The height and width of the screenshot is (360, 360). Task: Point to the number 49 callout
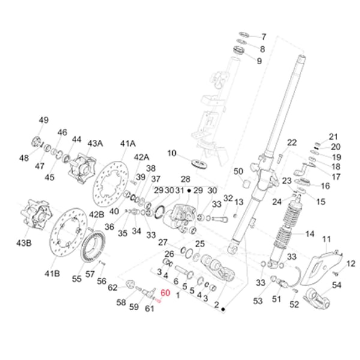coord(43,121)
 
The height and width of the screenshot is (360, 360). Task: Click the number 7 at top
coord(262,37)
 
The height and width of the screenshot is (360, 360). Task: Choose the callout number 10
coord(172,154)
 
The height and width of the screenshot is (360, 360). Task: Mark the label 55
coord(77,279)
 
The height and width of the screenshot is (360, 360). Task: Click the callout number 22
coord(292,142)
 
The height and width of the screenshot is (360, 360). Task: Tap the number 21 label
coord(334,136)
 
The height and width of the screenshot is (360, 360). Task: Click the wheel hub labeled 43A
coord(81,169)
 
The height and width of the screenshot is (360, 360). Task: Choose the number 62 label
coord(112,288)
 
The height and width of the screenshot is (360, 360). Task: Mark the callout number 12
coord(351,263)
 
